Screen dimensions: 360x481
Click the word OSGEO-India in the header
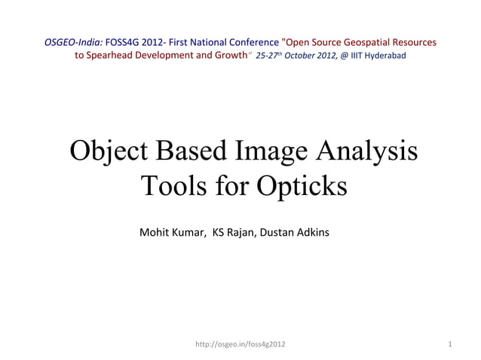coord(73,42)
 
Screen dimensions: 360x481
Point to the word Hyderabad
coord(385,56)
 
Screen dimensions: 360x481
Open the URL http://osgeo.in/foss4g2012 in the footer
coord(240,344)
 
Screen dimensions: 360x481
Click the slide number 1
coord(449,344)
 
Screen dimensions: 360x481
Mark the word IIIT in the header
coord(356,56)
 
